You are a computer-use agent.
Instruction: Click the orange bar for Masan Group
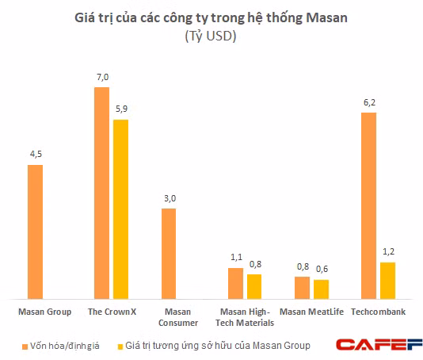(x=35, y=231)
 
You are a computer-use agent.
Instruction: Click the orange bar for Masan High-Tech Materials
(x=235, y=282)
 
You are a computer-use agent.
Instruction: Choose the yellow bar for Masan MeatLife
(x=321, y=288)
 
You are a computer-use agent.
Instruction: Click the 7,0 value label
(x=101, y=78)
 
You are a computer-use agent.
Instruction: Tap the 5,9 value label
(x=121, y=110)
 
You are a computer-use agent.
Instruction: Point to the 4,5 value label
(x=35, y=155)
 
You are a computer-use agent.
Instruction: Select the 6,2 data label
(x=368, y=103)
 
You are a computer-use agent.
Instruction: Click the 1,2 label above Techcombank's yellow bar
(x=388, y=253)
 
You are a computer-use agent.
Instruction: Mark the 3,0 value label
(x=168, y=199)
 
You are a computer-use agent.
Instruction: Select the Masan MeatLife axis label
(x=311, y=312)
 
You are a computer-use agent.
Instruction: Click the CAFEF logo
(x=376, y=344)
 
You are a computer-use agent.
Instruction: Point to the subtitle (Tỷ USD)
(x=211, y=36)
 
